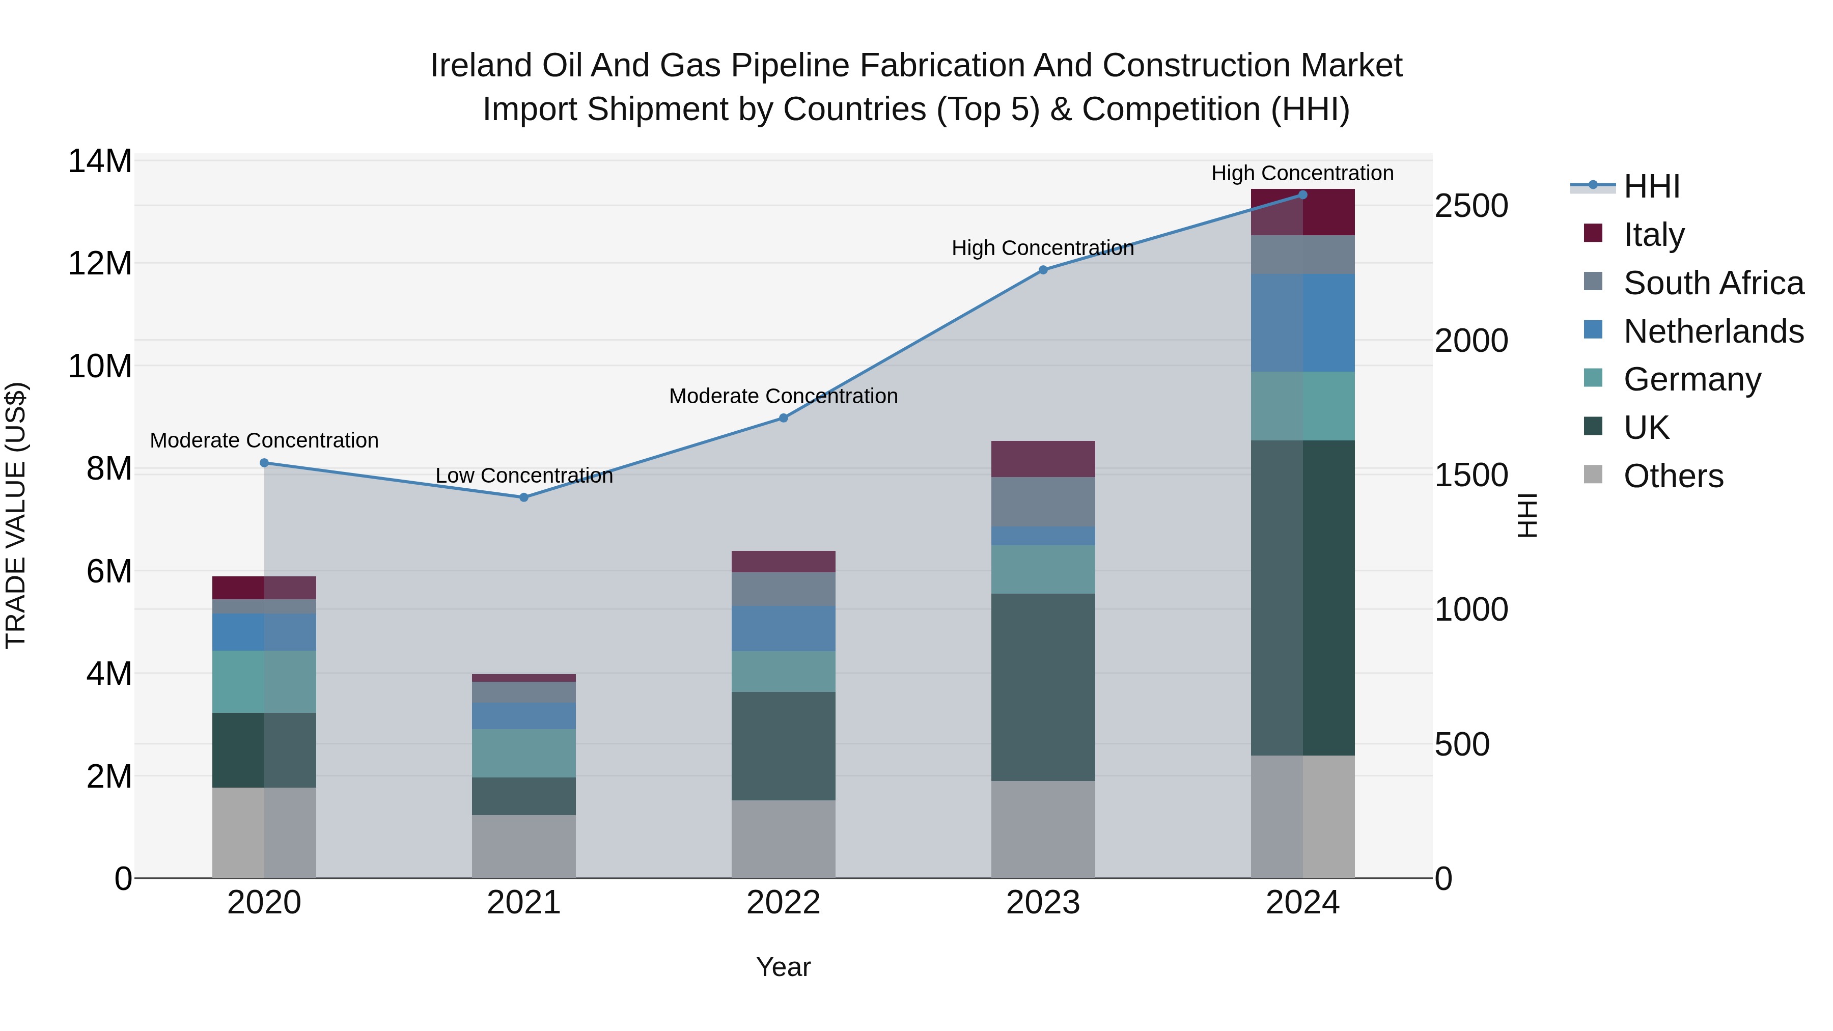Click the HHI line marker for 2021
[524, 497]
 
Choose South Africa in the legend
[1713, 283]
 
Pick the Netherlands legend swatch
[1593, 330]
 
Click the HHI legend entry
[1651, 186]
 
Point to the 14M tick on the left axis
[100, 161]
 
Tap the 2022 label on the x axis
[784, 903]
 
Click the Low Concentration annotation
[524, 476]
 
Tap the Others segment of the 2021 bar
[524, 846]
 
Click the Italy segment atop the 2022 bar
[784, 562]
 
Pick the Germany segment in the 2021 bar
[524, 753]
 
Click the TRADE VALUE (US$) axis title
[16, 515]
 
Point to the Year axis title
[784, 967]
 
